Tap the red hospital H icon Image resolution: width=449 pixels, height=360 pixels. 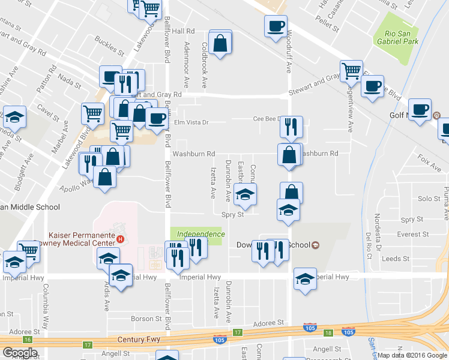[121, 239]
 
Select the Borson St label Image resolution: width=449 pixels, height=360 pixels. [142, 319]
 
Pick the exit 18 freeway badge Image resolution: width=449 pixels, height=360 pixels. [328, 332]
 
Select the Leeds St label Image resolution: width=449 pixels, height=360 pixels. [397, 259]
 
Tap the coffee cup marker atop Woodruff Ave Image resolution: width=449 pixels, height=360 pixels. [276, 26]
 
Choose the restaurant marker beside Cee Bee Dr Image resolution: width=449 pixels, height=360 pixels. [291, 127]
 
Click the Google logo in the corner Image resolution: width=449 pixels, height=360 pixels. [20, 352]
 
